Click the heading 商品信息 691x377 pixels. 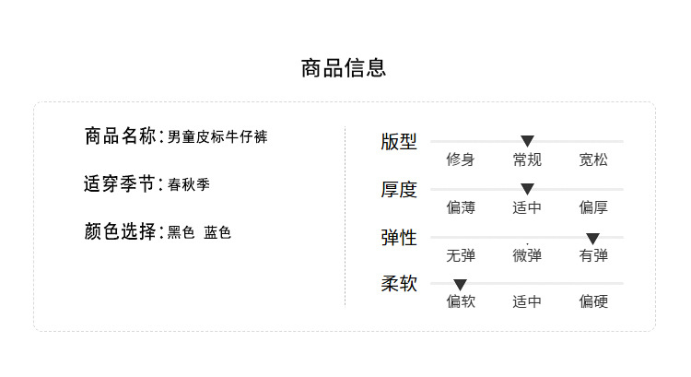[344, 68]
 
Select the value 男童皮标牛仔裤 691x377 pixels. [217, 137]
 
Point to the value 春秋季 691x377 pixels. [189, 185]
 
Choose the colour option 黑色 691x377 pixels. [181, 233]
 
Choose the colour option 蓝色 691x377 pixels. [217, 233]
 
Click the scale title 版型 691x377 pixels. [399, 142]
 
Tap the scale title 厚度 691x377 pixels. [399, 190]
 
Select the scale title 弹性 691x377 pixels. [399, 238]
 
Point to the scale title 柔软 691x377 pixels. [399, 284]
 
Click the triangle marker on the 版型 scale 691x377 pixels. [527, 141]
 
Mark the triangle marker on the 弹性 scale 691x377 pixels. [593, 238]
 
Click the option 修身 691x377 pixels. [461, 159]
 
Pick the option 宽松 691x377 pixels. [593, 159]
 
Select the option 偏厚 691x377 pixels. [593, 207]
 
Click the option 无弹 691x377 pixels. [461, 255]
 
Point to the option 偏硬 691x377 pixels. [593, 301]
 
